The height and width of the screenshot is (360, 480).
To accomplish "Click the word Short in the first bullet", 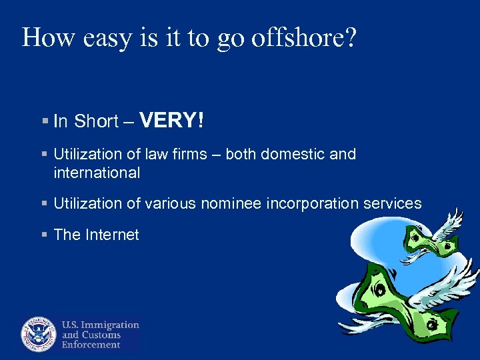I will [x=96, y=121].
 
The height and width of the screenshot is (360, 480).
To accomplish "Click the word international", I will [x=97, y=173].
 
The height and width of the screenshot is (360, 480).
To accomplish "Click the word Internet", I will [x=111, y=235].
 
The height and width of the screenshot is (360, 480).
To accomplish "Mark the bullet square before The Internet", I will [x=45, y=235].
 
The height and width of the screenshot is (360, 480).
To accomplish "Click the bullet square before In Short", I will [x=45, y=121].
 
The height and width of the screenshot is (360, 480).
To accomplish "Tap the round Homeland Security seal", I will [x=39, y=333].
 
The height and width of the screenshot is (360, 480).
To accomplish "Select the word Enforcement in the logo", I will [x=91, y=345].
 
